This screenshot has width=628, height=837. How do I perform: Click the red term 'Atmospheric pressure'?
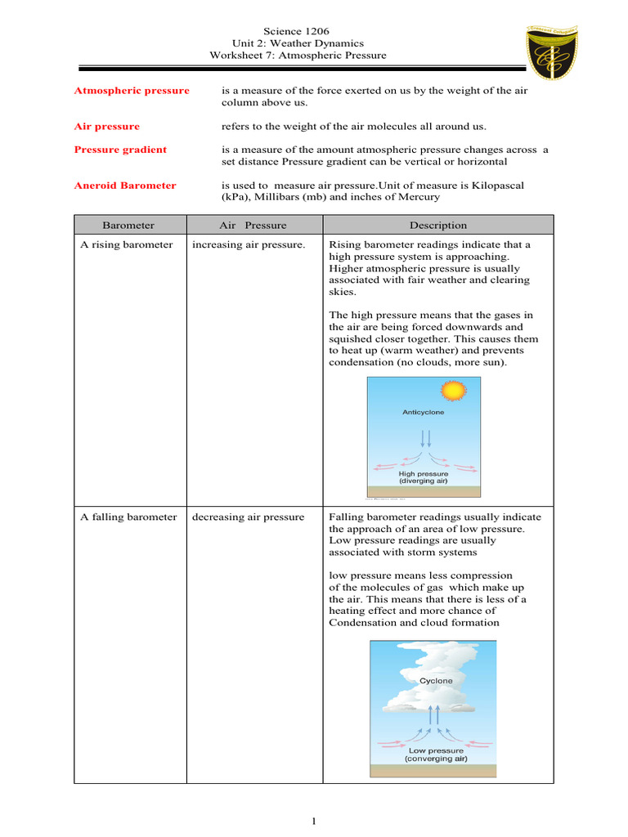pyautogui.click(x=132, y=91)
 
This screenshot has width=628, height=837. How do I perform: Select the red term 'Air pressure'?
pyautogui.click(x=107, y=127)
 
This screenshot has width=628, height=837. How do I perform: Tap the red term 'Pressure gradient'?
pyautogui.click(x=120, y=150)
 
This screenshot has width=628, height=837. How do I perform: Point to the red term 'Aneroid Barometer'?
pyautogui.click(x=125, y=186)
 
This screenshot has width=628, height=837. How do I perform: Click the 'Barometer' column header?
pyautogui.click(x=128, y=226)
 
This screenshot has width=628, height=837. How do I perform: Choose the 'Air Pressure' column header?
pyautogui.click(x=253, y=226)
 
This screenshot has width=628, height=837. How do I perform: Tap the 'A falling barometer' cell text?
pyautogui.click(x=128, y=517)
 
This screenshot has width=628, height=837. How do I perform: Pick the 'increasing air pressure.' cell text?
pyautogui.click(x=249, y=245)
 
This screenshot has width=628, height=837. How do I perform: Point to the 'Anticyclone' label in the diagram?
pyautogui.click(x=424, y=413)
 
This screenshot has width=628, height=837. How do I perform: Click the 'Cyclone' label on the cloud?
pyautogui.click(x=436, y=680)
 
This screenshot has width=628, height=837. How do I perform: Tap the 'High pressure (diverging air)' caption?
pyautogui.click(x=424, y=477)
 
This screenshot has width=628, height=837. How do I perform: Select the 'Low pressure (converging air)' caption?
pyautogui.click(x=436, y=754)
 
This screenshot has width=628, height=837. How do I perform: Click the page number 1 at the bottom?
pyautogui.click(x=314, y=821)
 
